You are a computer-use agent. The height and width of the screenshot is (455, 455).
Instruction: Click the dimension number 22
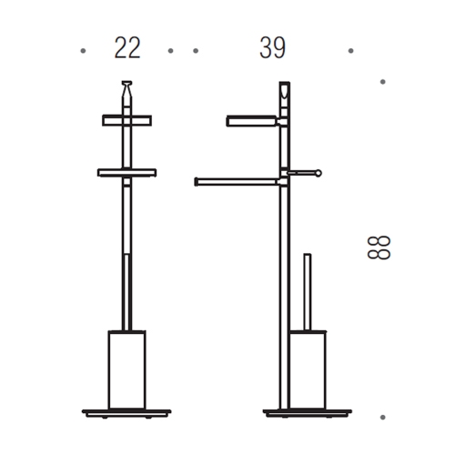coord(126,49)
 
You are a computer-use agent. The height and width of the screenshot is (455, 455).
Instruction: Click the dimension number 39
coord(271,49)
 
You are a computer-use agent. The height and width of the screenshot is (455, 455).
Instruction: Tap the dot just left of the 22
coord(83,51)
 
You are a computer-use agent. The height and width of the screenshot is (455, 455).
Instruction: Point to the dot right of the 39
coord(351,51)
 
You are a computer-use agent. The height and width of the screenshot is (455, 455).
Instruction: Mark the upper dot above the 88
coord(382,82)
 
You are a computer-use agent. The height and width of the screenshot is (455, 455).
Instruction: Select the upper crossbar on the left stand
coord(126,120)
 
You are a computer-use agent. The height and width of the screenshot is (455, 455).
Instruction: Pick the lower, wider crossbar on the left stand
coord(126,171)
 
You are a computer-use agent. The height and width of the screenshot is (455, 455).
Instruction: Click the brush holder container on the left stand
coord(126,369)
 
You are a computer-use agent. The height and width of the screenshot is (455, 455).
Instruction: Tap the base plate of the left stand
coord(126,412)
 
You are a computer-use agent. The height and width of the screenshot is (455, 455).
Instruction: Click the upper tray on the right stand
coord(252,119)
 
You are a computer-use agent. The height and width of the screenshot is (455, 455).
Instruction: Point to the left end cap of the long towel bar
coord(197,182)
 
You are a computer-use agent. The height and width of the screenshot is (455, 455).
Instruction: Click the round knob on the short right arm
coord(318,171)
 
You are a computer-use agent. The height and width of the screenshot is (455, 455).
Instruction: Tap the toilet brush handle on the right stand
coord(307,291)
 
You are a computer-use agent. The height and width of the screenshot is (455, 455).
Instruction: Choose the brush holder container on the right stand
coord(307,369)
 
